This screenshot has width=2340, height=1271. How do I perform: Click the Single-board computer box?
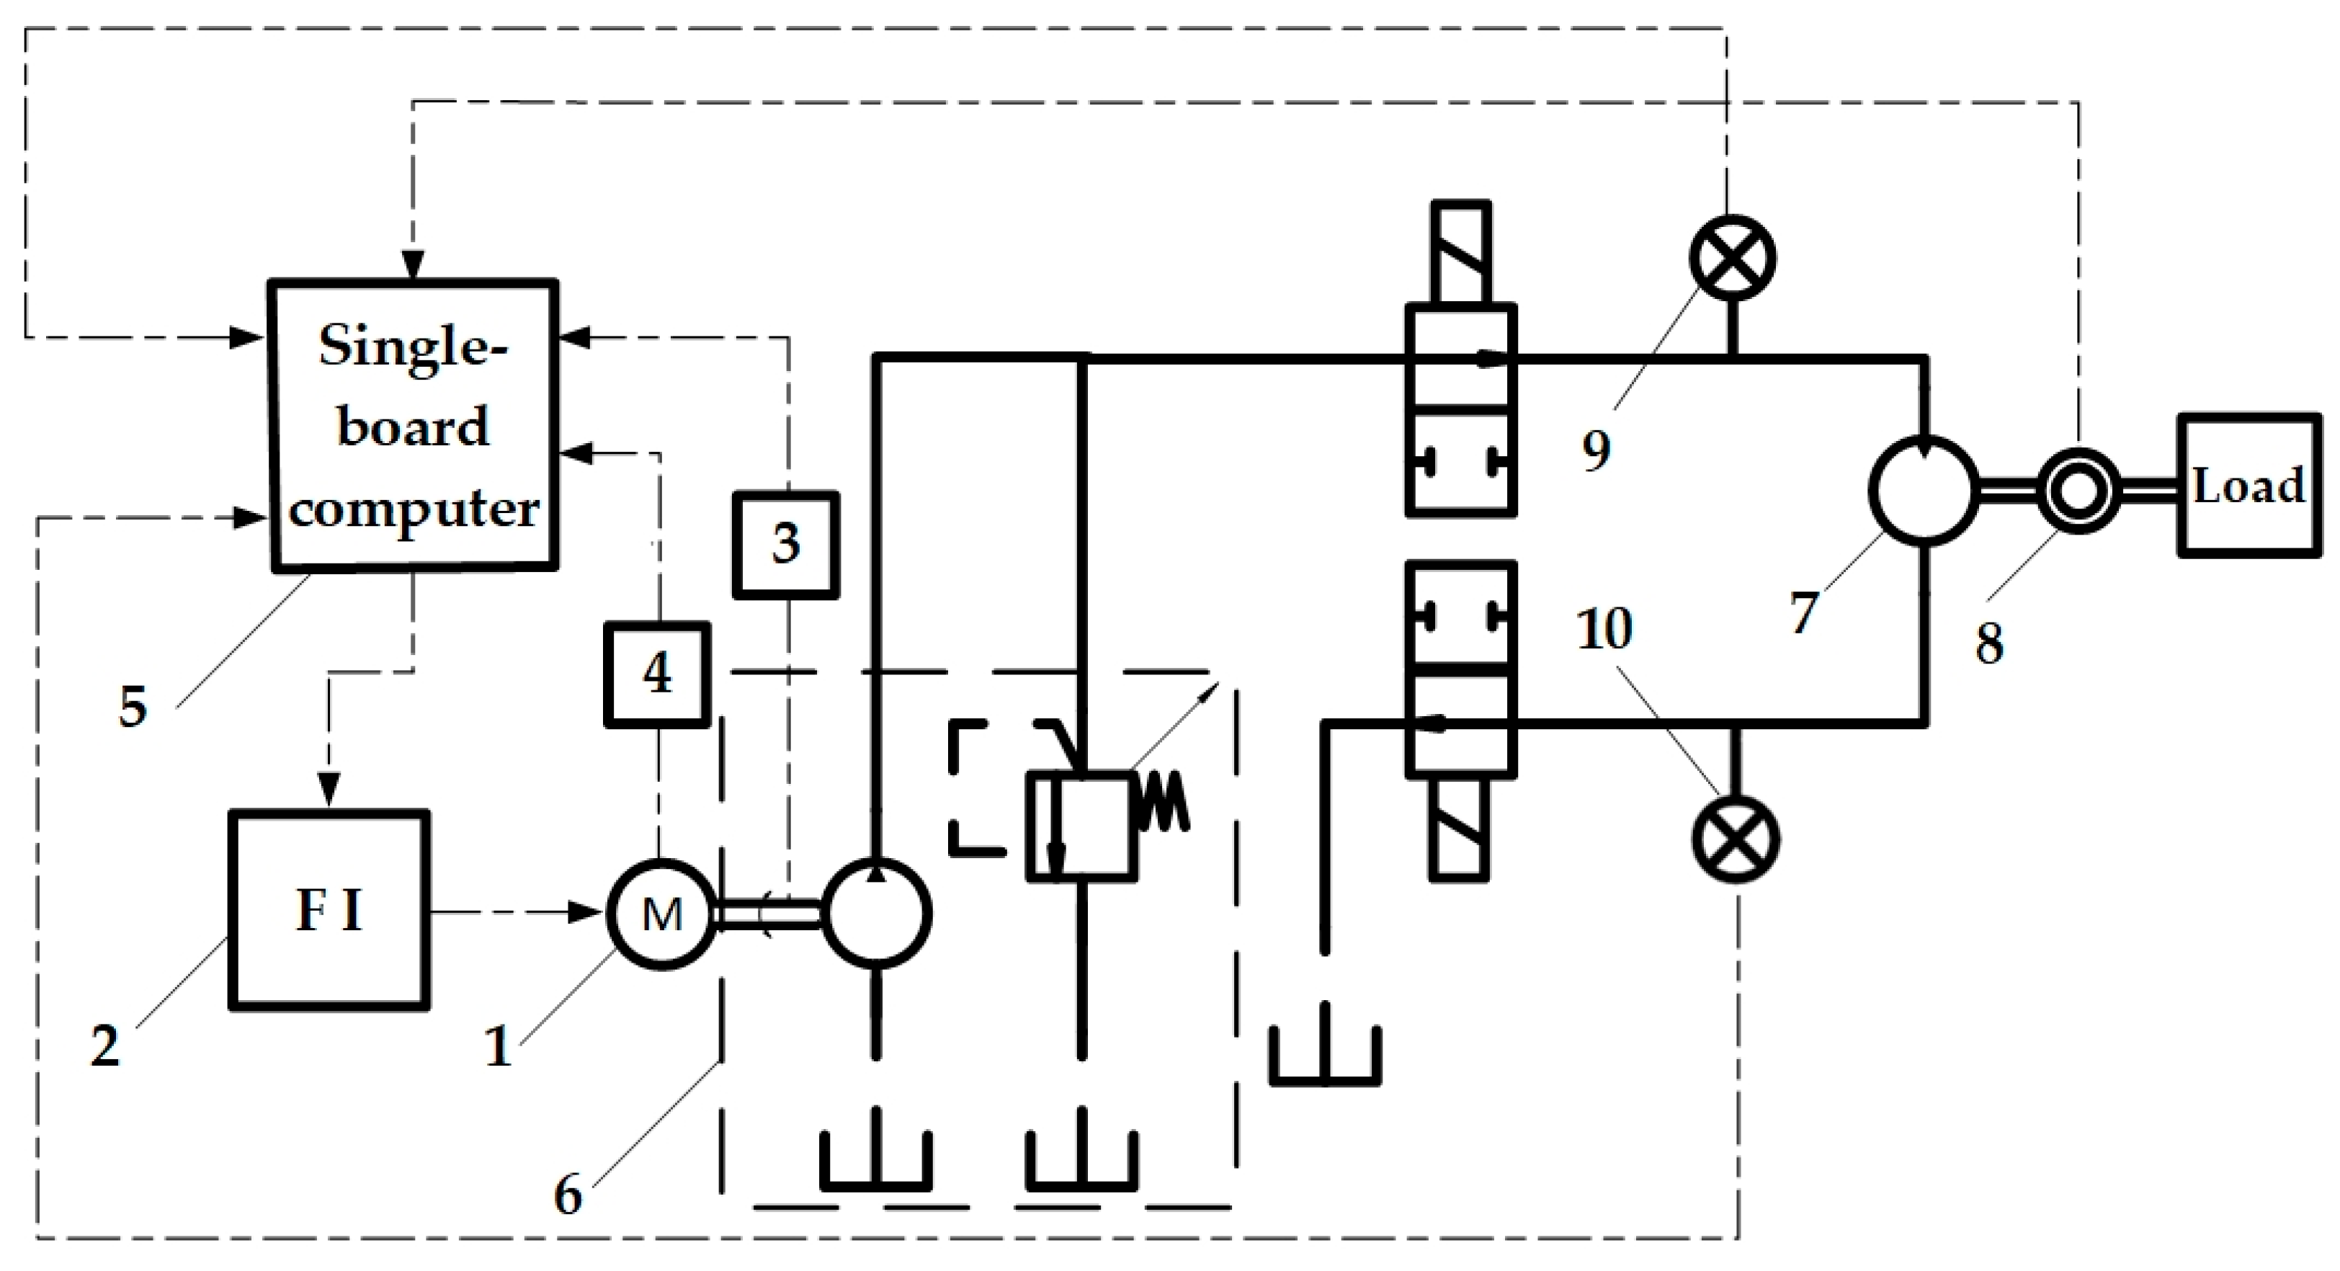tap(414, 426)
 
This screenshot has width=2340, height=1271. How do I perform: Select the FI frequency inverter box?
tap(329, 910)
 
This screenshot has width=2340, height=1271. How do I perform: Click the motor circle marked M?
tap(661, 913)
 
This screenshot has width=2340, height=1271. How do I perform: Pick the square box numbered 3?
tap(786, 544)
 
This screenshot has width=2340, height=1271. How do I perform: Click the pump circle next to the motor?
tap(877, 912)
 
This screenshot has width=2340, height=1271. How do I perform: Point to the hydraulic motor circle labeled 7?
tap(1923, 491)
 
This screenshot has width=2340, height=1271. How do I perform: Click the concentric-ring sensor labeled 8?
tap(2078, 491)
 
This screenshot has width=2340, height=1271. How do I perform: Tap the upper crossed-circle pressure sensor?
tap(1732, 258)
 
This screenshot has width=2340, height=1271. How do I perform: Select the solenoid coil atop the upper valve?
tap(1460, 253)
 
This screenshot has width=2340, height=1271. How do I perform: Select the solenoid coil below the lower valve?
tap(1460, 829)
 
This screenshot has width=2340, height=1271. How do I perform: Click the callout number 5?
tap(133, 706)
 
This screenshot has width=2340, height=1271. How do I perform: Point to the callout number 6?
tap(568, 1195)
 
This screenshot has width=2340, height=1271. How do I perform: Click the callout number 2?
tap(104, 1045)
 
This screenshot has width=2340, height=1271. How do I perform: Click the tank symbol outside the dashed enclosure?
tap(1324, 1056)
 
